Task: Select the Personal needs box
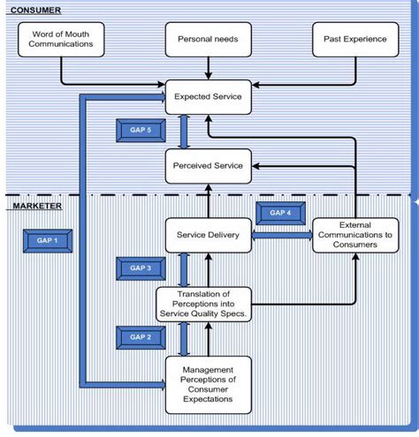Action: [x=207, y=40]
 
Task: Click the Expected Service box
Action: [x=209, y=96]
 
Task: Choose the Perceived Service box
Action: [x=209, y=165]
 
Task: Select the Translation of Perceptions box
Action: [x=203, y=303]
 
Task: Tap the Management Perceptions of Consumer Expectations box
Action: [x=209, y=385]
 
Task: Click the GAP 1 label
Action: [x=47, y=240]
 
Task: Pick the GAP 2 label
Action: [x=141, y=336]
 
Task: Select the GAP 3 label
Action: [x=141, y=267]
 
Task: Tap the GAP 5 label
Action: [x=141, y=131]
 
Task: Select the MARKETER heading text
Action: [x=37, y=206]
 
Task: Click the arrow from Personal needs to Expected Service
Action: [x=207, y=68]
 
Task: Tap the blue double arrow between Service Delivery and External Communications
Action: [x=282, y=236]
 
